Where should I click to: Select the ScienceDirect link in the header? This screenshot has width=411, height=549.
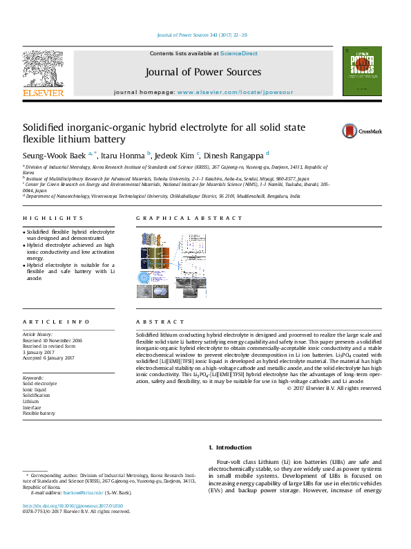pos(239,53)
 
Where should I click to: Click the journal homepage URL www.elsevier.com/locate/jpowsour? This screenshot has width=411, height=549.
pos(235,92)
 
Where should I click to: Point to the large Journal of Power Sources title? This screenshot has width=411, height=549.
pos(203,72)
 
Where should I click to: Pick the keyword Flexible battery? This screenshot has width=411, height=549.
pos(39,413)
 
